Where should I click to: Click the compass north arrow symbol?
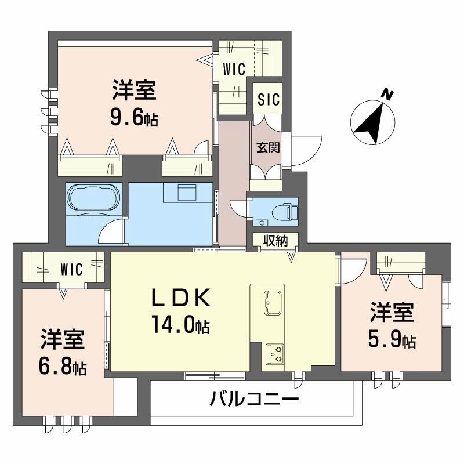click(371, 122)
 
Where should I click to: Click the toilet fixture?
click(288, 211)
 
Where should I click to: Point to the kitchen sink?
click(271, 302)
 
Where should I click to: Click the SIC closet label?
click(269, 100)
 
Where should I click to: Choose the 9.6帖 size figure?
click(135, 118)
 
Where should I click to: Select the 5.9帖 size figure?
click(392, 340)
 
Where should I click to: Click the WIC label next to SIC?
click(234, 68)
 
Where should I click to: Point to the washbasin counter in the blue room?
click(188, 193)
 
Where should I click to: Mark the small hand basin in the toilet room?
click(263, 222)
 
